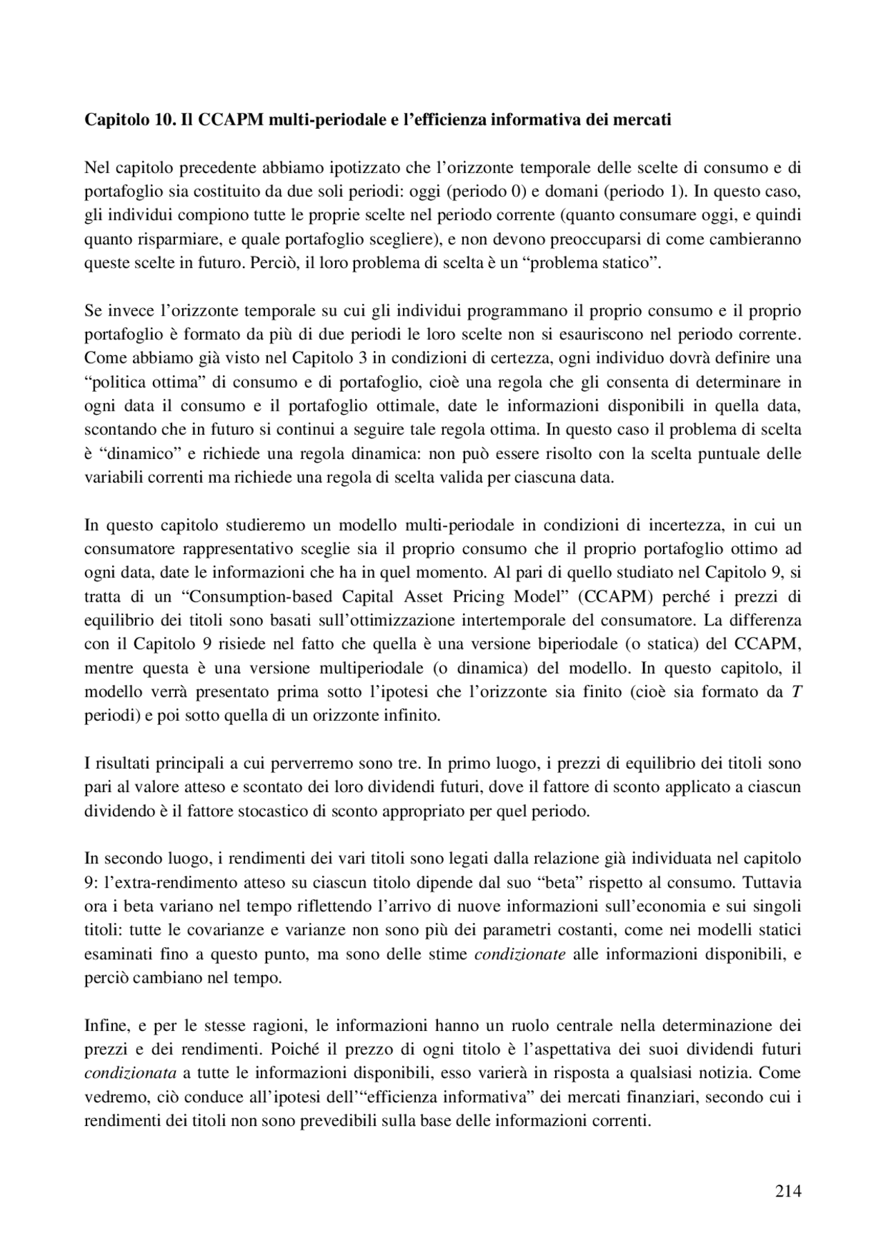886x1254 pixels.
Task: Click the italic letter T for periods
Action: click(796, 692)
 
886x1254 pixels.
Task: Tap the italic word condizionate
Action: click(520, 955)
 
